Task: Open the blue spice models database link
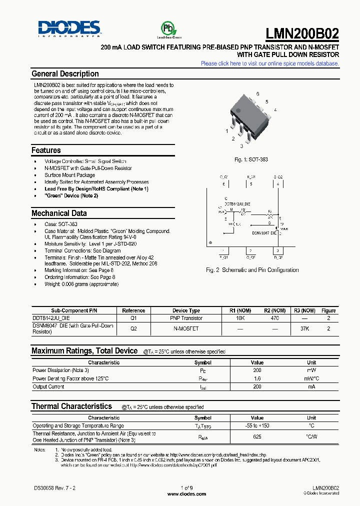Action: tap(269, 63)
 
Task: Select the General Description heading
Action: tap(65, 74)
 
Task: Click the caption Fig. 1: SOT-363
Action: tap(251, 159)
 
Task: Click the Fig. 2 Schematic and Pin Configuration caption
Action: tap(252, 270)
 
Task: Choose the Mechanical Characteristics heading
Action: tap(59, 213)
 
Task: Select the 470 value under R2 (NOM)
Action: tap(274, 318)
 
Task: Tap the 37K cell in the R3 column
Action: tap(304, 328)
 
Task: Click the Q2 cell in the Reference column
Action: tap(133, 328)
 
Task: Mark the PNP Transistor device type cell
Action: tap(186, 318)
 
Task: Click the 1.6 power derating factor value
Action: tap(257, 379)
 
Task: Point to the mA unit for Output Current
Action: tap(311, 386)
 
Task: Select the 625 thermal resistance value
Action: tap(257, 436)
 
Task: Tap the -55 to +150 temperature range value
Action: tap(257, 425)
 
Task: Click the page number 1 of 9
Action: tap(186, 487)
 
